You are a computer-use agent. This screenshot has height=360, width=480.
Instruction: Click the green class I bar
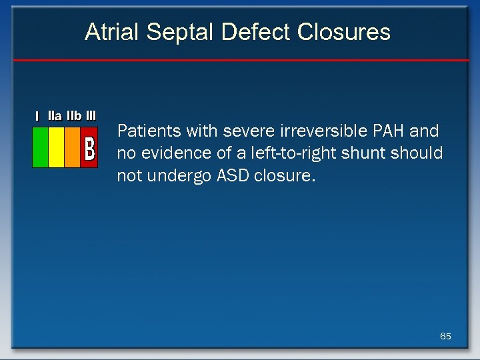tap(41, 147)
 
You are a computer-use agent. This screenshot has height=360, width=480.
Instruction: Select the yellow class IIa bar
tap(57, 147)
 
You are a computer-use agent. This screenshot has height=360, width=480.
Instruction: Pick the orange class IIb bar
tap(72, 147)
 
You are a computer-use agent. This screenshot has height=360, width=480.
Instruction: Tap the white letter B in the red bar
tap(89, 149)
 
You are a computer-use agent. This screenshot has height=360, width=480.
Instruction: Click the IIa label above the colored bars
tap(55, 116)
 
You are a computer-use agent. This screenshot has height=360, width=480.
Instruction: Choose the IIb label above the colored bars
tap(73, 116)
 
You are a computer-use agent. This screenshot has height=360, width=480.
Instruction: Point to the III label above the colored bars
tap(91, 116)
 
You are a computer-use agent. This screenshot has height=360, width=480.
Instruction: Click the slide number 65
tap(445, 336)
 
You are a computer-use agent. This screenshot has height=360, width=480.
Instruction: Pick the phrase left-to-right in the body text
tap(298, 153)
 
